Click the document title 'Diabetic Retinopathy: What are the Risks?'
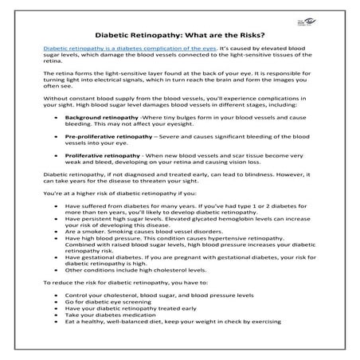pyautogui.click(x=180, y=35)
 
